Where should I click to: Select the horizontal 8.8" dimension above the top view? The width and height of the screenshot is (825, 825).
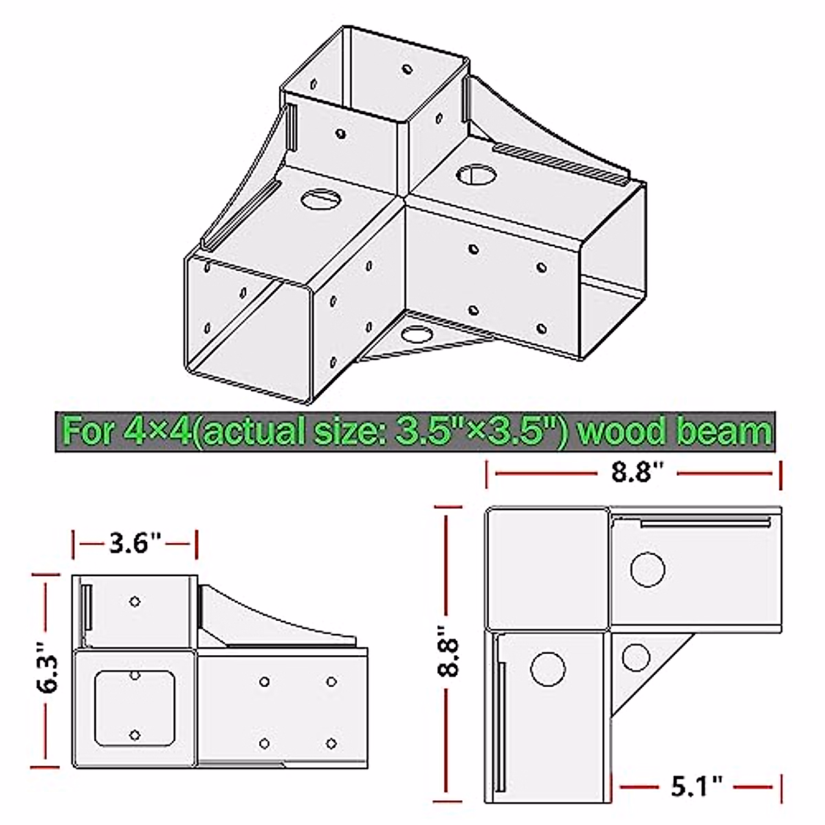point(633,473)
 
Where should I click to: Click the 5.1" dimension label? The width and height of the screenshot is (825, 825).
point(697,784)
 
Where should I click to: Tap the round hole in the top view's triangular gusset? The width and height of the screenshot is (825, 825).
point(637,657)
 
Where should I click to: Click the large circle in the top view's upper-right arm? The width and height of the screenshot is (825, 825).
point(648,569)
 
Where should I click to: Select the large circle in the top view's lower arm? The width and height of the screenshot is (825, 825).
point(548,667)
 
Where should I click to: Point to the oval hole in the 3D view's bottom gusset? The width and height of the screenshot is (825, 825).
point(415,335)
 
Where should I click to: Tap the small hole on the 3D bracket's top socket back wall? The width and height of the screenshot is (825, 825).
point(407,69)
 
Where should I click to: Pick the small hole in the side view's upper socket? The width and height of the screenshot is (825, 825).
point(135,602)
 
